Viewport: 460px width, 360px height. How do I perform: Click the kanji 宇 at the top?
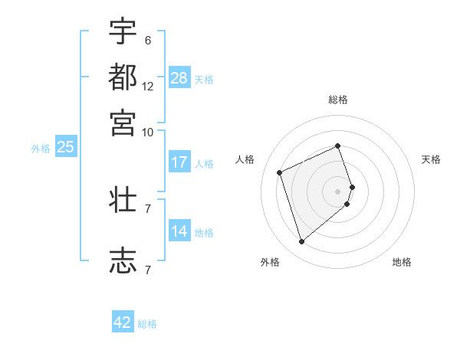pyautogui.click(x=123, y=32)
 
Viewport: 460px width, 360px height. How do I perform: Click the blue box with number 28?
pyautogui.click(x=179, y=78)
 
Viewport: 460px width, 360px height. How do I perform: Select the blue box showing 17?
pyautogui.click(x=179, y=162)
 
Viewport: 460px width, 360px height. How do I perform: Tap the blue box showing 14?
pyautogui.click(x=179, y=231)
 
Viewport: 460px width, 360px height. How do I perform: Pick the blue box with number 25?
pyautogui.click(x=65, y=148)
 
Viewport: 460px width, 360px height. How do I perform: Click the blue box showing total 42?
pyautogui.click(x=123, y=322)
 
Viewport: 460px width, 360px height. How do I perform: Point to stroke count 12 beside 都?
pyautogui.click(x=148, y=87)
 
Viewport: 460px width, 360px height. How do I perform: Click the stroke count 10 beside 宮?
pyautogui.click(x=148, y=132)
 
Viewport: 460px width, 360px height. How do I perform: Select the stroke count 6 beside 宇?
pyautogui.click(x=148, y=41)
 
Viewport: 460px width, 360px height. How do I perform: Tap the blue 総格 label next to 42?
pyautogui.click(x=147, y=324)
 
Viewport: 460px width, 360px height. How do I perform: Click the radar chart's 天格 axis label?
pyautogui.click(x=431, y=159)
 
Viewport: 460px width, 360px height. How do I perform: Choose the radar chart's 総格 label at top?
pyautogui.click(x=338, y=100)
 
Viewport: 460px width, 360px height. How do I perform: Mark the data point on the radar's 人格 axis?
pyautogui.click(x=280, y=172)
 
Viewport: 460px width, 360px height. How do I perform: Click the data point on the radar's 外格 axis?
pyautogui.click(x=301, y=242)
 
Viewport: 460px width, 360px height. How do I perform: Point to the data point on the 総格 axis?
pyautogui.click(x=338, y=146)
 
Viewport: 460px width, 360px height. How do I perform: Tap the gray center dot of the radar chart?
pyautogui.click(x=338, y=191)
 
